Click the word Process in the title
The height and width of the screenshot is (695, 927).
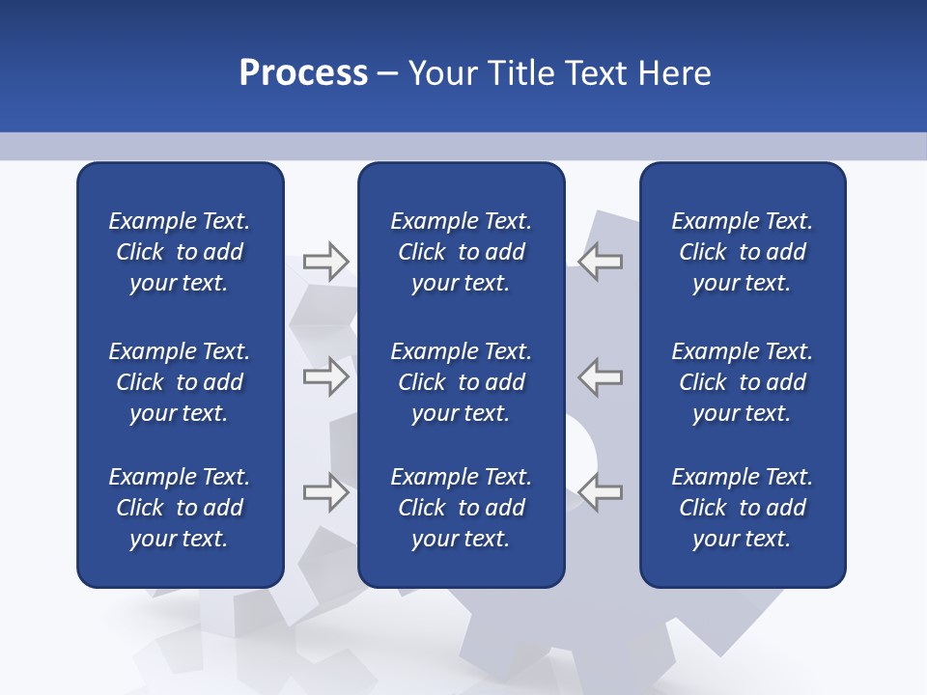303,73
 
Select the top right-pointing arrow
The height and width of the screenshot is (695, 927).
325,262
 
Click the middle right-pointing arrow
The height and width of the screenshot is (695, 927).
325,376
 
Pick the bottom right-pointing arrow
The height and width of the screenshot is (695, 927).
325,492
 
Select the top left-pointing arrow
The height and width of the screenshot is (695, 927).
601,262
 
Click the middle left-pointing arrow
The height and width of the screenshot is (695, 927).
601,376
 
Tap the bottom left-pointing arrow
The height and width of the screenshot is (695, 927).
601,492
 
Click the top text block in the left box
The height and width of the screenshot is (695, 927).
180,252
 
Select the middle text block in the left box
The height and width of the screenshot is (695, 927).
180,382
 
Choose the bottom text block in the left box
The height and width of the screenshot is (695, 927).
180,508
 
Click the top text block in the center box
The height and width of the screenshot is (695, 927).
461,252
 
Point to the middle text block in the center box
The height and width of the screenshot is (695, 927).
461,382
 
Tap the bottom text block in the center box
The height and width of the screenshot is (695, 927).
461,508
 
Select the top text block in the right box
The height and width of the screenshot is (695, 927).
742,252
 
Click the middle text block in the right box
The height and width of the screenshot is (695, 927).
742,382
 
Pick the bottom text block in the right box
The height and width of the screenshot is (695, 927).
742,508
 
